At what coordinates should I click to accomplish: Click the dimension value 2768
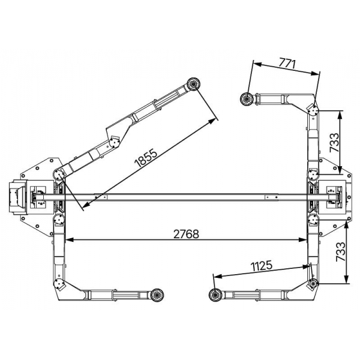(x=186, y=234)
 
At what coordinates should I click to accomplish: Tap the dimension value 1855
(x=146, y=158)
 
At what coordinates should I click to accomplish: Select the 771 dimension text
(x=287, y=64)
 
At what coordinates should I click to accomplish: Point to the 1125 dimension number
(x=261, y=266)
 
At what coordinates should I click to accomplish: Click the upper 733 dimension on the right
(x=334, y=142)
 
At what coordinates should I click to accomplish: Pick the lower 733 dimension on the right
(x=340, y=252)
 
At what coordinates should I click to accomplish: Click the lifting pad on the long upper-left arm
(x=193, y=84)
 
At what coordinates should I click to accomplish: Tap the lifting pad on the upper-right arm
(x=247, y=100)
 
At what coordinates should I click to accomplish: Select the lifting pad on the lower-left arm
(x=157, y=295)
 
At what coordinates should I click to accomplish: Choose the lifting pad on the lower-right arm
(x=215, y=295)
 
